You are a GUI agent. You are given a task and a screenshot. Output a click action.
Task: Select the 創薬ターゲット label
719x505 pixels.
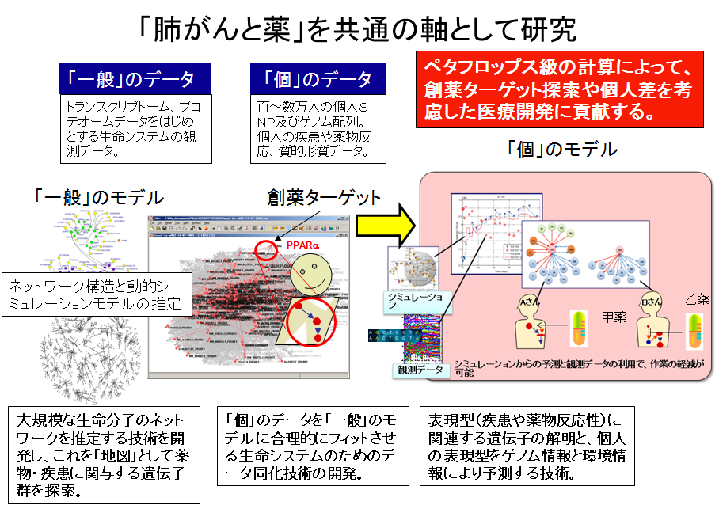pyautogui.click(x=324, y=197)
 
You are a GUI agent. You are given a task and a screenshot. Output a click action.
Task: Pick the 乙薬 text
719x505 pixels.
pyautogui.click(x=698, y=300)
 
